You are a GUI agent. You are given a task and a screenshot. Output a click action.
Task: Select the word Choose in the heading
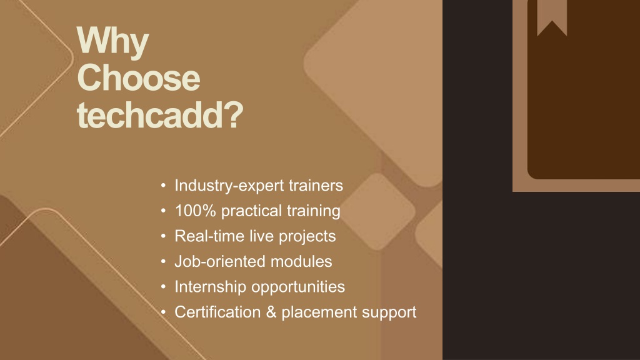pyautogui.click(x=138, y=77)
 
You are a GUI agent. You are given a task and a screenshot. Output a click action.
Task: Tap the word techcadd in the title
pyautogui.click(x=148, y=115)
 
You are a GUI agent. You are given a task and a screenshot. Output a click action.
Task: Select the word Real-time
pyautogui.click(x=209, y=236)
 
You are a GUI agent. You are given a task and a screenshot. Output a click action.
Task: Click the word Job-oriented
pyautogui.click(x=220, y=261)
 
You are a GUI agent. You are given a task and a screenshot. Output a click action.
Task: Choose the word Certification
pyautogui.click(x=217, y=312)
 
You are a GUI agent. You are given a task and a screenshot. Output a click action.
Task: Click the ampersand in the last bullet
pyautogui.click(x=271, y=312)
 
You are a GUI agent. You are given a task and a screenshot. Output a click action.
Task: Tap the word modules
pyautogui.click(x=301, y=261)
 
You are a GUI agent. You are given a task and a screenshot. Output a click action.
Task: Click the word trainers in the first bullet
pyautogui.click(x=316, y=186)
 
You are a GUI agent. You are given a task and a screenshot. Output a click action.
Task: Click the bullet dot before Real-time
pyautogui.click(x=163, y=236)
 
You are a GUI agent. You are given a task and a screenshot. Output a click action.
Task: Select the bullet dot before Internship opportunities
pyautogui.click(x=163, y=287)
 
